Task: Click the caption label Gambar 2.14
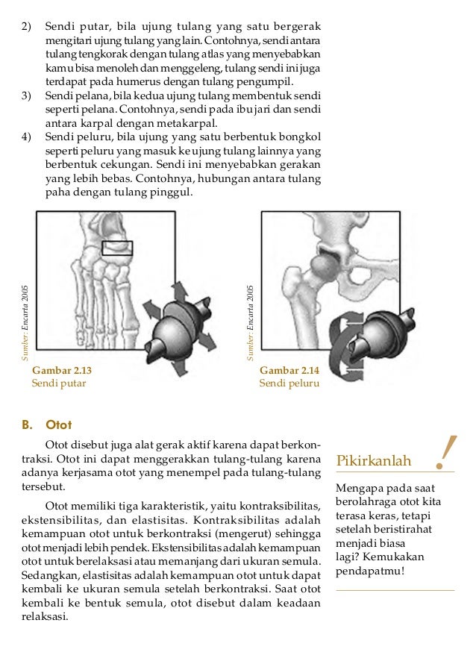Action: [x=289, y=370]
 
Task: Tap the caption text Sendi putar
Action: [x=58, y=383]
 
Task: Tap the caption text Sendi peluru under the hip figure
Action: [x=289, y=383]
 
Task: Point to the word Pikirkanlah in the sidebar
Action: [x=374, y=461]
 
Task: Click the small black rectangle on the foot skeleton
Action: [x=117, y=248]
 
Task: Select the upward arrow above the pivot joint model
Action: [x=181, y=291]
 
